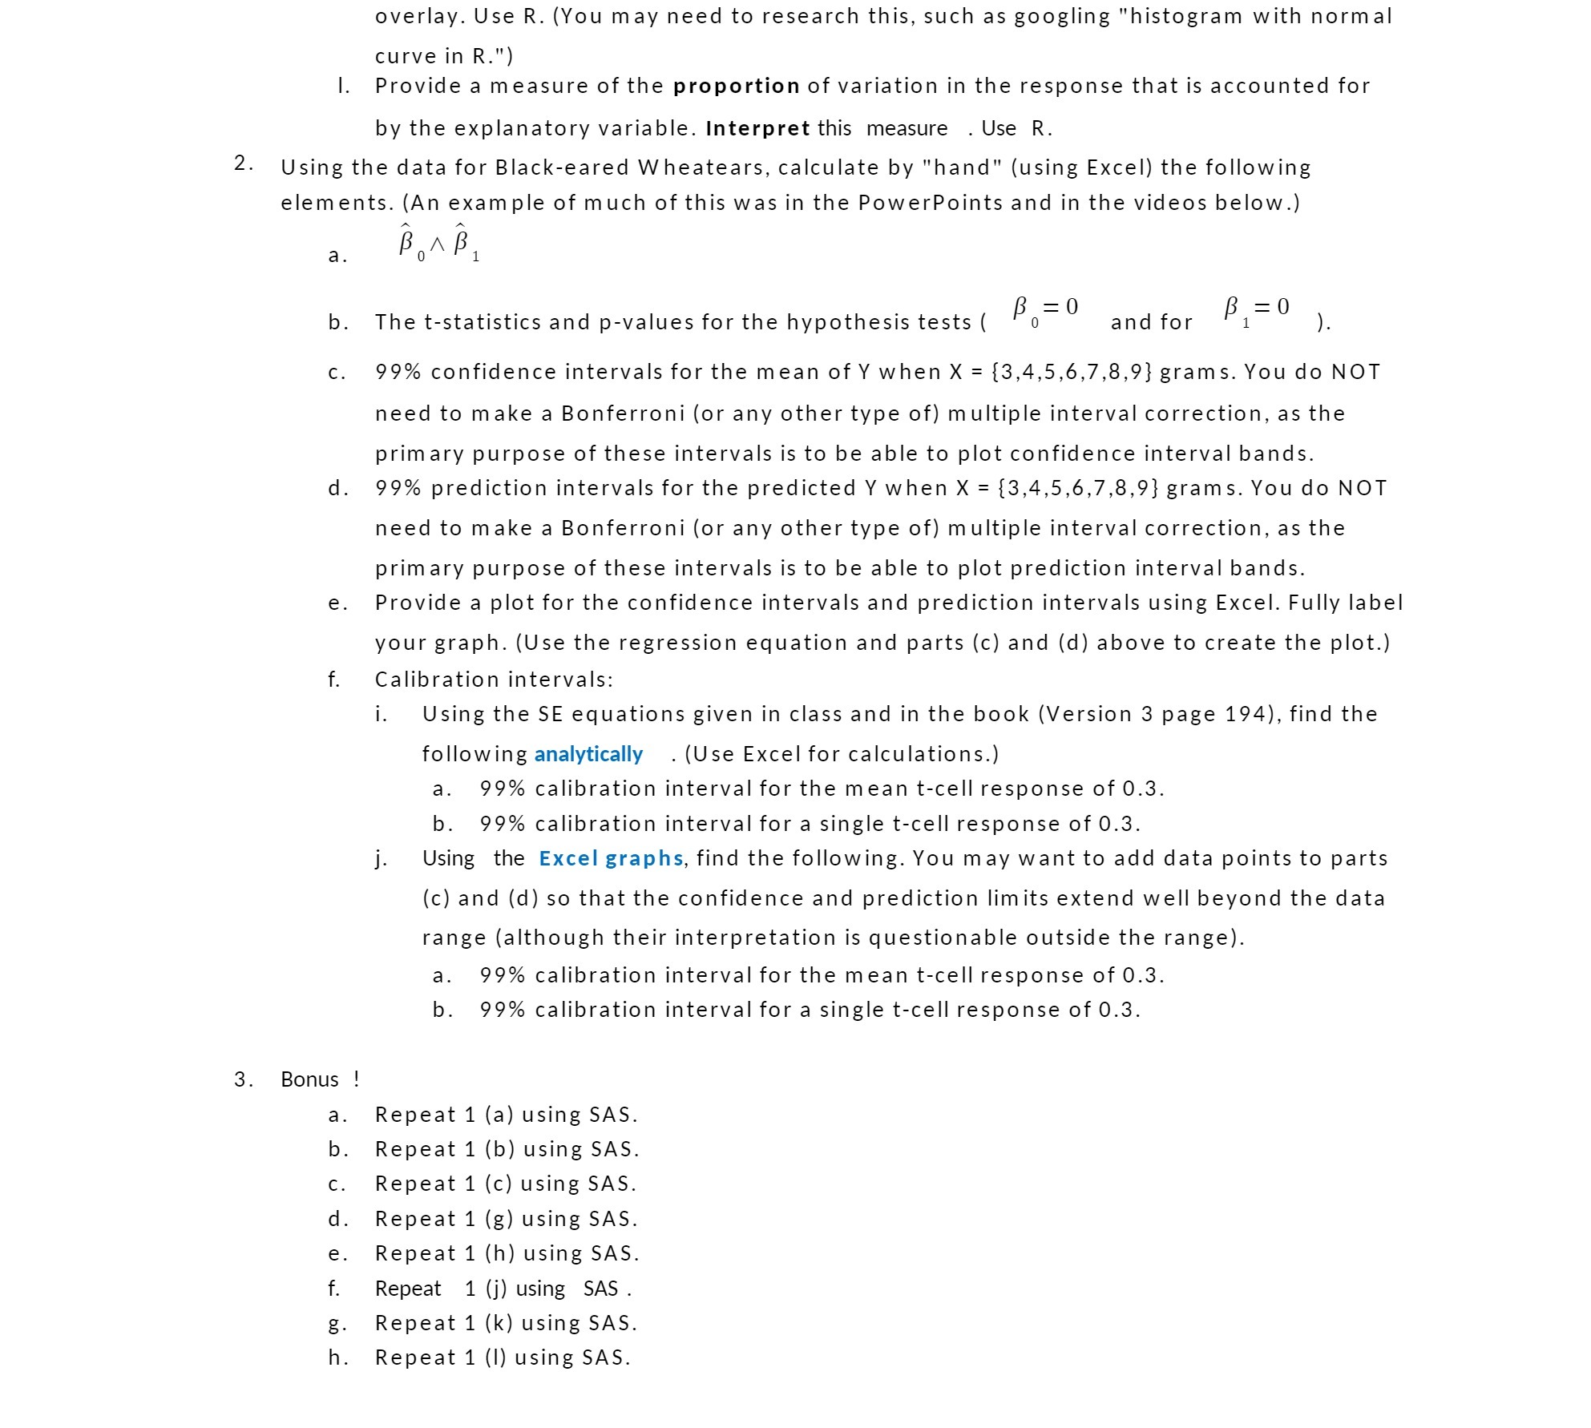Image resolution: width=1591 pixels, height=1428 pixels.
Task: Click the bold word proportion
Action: point(736,86)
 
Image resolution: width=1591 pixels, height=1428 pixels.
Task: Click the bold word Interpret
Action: point(757,128)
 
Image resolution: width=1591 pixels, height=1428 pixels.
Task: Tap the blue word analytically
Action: point(588,754)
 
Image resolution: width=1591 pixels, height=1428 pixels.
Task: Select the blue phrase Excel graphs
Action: point(611,858)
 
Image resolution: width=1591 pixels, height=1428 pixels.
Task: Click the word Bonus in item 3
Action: point(309,1079)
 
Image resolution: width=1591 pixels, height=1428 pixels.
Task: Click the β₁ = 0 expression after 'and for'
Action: point(1256,309)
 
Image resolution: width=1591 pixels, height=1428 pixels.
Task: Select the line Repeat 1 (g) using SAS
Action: point(507,1219)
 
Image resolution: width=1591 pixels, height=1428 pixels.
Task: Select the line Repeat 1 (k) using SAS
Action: point(507,1323)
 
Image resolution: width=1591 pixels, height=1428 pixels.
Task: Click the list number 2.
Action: point(243,163)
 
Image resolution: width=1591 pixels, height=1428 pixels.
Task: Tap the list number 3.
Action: point(243,1079)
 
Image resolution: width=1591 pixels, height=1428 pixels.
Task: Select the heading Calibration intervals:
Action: point(494,680)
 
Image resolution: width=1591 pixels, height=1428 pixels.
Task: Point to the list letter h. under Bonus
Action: point(337,1357)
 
